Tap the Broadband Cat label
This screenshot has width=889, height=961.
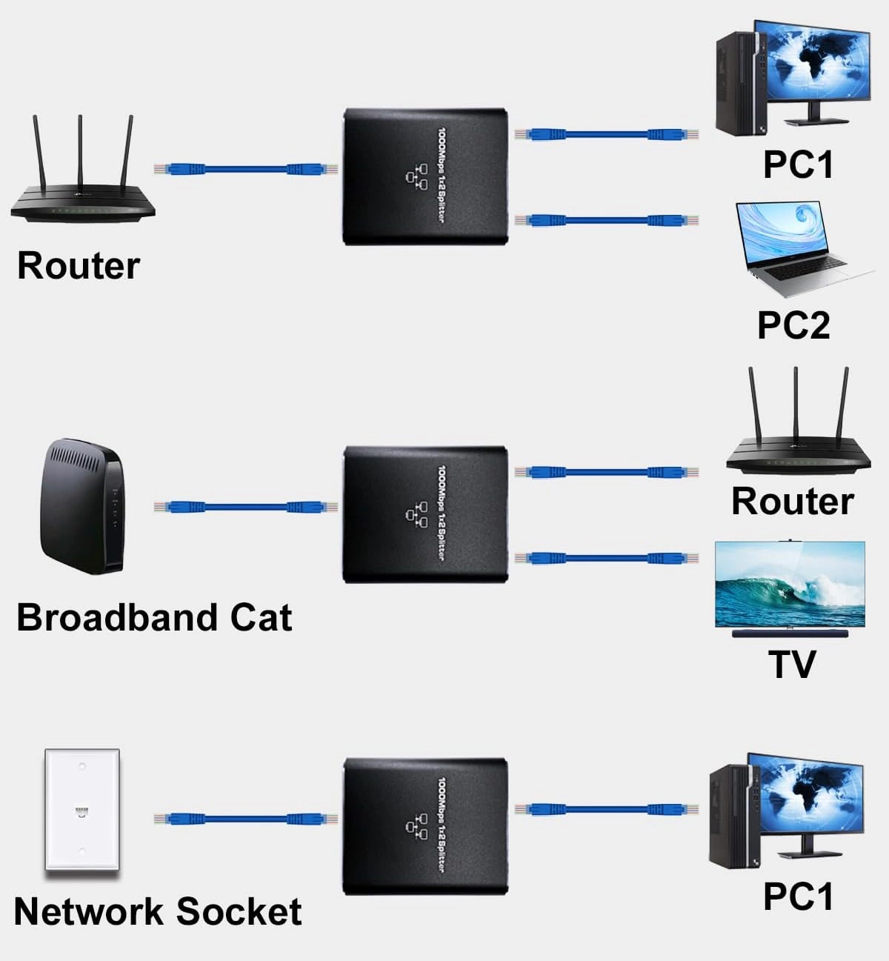click(x=154, y=617)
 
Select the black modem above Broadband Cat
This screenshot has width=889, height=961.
click(x=81, y=508)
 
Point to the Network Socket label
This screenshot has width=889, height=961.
click(x=158, y=911)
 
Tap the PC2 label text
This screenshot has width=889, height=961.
click(x=793, y=325)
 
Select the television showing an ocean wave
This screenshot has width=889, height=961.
click(x=790, y=585)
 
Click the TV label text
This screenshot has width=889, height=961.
click(x=792, y=664)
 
